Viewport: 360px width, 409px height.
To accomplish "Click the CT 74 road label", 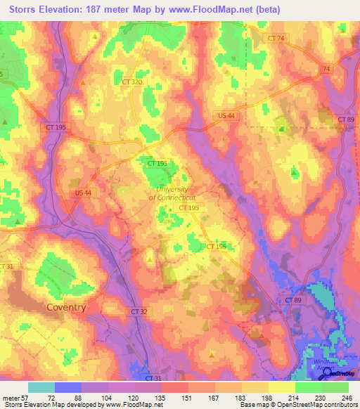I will click(277, 38).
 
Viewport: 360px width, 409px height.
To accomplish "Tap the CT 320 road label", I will click(131, 82).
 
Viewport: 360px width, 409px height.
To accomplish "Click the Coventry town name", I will click(65, 307).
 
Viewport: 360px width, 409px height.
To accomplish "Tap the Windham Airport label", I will click(319, 366).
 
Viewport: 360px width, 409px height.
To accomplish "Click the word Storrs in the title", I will click(24, 10).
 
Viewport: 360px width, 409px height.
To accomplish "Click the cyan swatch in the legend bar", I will click(41, 387).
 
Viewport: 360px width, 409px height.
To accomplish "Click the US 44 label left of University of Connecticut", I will click(83, 192).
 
